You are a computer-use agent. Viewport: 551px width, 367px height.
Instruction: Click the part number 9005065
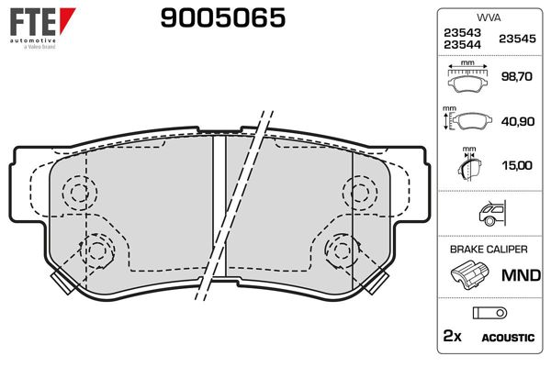click(222, 18)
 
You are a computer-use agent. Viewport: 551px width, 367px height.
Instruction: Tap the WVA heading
click(487, 17)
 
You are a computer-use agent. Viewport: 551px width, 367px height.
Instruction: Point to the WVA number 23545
click(516, 39)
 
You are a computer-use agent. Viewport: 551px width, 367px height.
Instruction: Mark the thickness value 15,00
click(517, 165)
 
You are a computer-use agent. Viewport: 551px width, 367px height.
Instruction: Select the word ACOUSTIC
click(507, 338)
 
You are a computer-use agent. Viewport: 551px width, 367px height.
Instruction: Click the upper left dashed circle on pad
click(78, 193)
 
